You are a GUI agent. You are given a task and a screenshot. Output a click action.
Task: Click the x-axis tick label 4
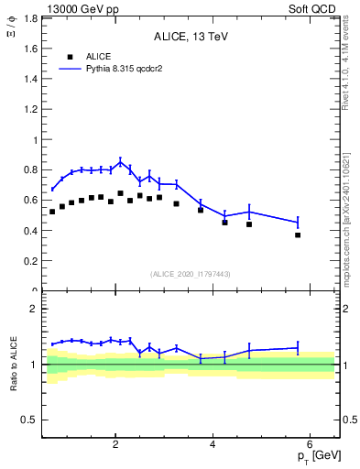[213, 444]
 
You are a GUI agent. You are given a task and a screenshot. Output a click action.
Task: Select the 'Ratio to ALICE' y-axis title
[13, 364]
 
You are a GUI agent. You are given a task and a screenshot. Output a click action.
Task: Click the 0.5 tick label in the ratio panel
[29, 420]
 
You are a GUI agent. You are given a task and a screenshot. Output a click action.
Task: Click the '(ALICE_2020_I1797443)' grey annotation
[190, 274]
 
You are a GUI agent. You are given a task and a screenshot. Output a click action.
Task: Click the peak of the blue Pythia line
[120, 162]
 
